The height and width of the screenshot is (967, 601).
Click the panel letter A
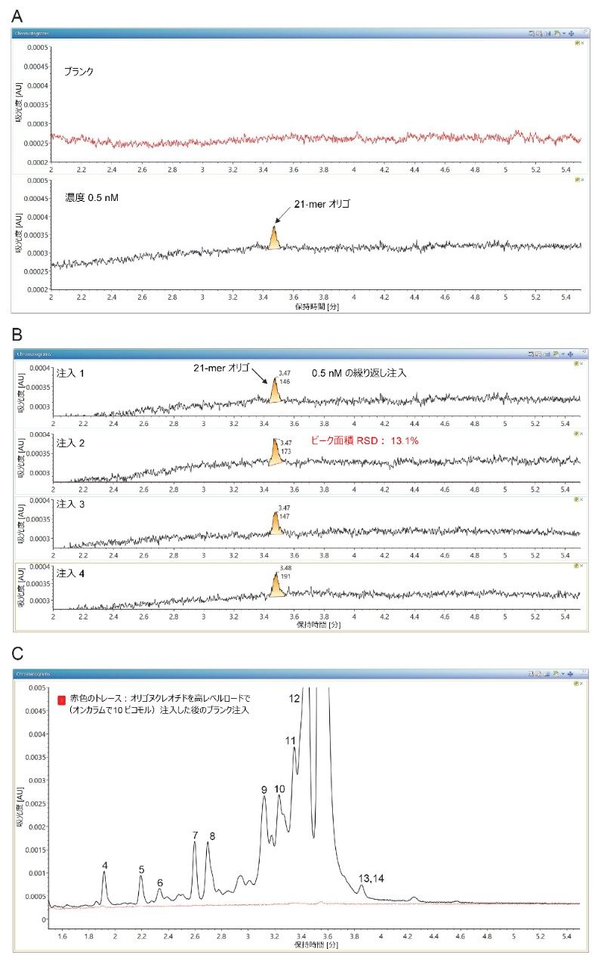[17, 16]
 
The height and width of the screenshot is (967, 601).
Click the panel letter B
[17, 333]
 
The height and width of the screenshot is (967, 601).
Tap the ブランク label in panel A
[79, 72]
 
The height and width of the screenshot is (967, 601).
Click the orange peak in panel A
[274, 239]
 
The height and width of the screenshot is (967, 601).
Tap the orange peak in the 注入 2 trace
[275, 453]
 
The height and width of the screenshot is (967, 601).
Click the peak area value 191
[285, 576]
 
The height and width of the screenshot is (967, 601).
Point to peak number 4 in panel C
[104, 865]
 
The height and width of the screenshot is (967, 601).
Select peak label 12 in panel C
[294, 699]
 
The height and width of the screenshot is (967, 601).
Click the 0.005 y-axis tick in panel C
[37, 688]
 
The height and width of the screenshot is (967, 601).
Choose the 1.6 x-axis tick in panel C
[62, 936]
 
